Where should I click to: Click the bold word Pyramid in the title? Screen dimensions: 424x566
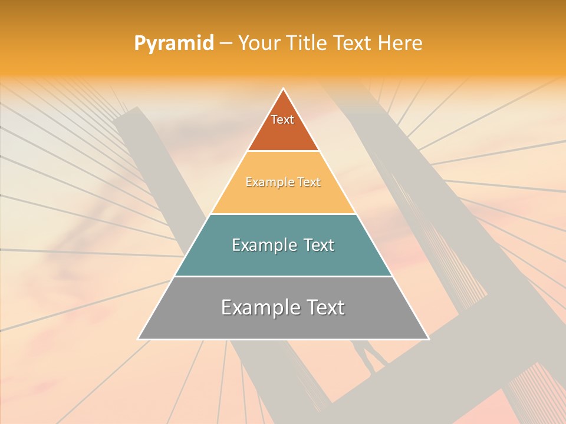point(174,43)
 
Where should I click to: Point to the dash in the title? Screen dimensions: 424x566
point(226,43)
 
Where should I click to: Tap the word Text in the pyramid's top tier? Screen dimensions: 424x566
point(282,120)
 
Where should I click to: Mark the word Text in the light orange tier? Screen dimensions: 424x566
point(310,183)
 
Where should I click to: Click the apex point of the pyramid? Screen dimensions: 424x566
point(284,89)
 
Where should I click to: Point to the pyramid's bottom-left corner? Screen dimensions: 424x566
point(139,339)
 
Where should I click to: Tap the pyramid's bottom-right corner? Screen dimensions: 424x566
point(428,339)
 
